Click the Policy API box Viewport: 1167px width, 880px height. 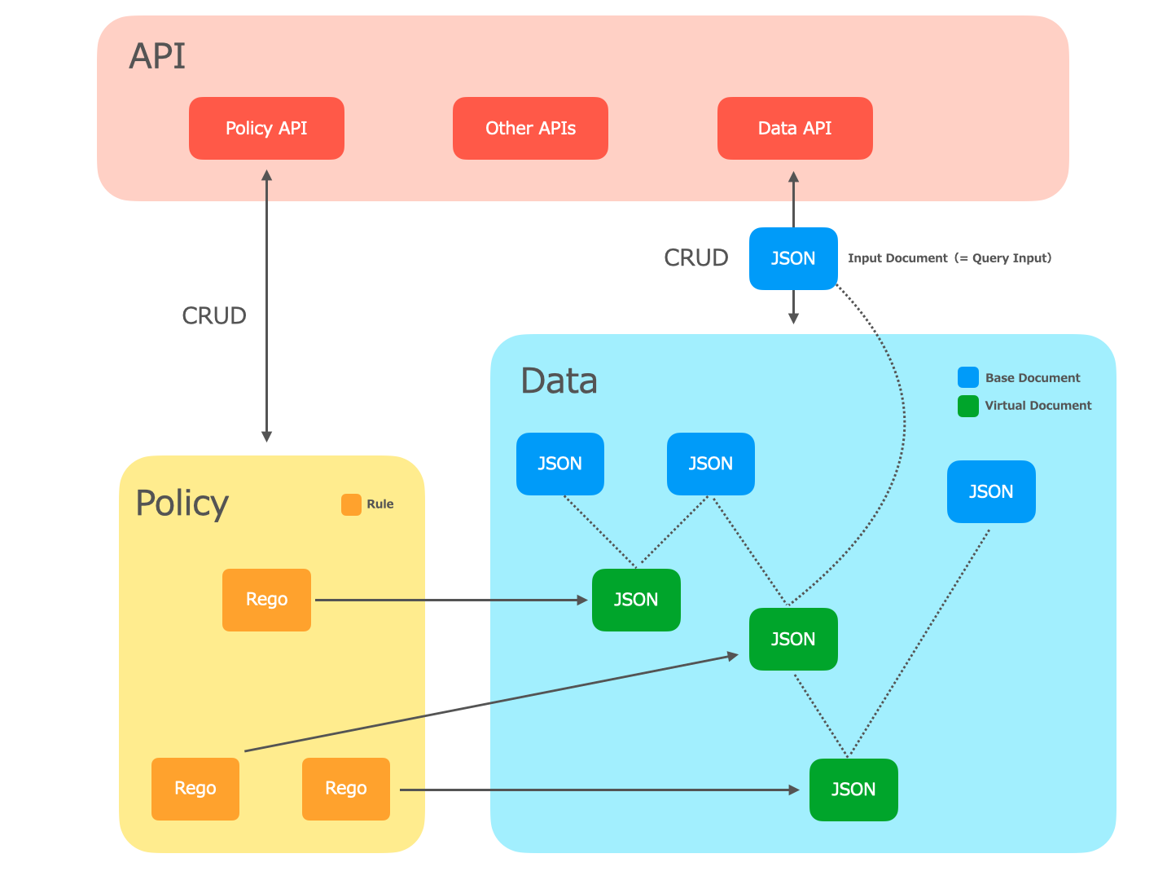tap(266, 128)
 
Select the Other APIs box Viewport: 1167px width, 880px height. tap(530, 128)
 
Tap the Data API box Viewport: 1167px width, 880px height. tap(795, 128)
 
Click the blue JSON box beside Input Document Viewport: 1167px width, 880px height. tap(793, 258)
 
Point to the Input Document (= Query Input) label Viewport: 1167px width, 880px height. tap(950, 258)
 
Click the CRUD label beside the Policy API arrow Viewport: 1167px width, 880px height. tap(214, 316)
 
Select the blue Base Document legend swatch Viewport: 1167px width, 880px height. tap(968, 377)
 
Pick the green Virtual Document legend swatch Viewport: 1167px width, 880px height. tap(968, 407)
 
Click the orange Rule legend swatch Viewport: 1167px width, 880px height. tap(352, 504)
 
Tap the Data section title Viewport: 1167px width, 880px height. tap(559, 381)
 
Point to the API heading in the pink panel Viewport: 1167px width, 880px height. tap(157, 56)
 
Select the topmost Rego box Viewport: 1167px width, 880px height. tap(266, 600)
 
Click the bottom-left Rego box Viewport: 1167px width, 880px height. tap(195, 789)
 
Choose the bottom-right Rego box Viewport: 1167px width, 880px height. tap(345, 789)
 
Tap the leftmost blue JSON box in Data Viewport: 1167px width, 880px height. tap(559, 464)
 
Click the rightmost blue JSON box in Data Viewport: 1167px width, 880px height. tap(991, 491)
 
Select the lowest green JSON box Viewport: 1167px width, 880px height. tap(853, 790)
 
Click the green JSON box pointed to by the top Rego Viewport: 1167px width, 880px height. tap(636, 600)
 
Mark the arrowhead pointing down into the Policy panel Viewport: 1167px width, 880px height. tap(267, 437)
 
